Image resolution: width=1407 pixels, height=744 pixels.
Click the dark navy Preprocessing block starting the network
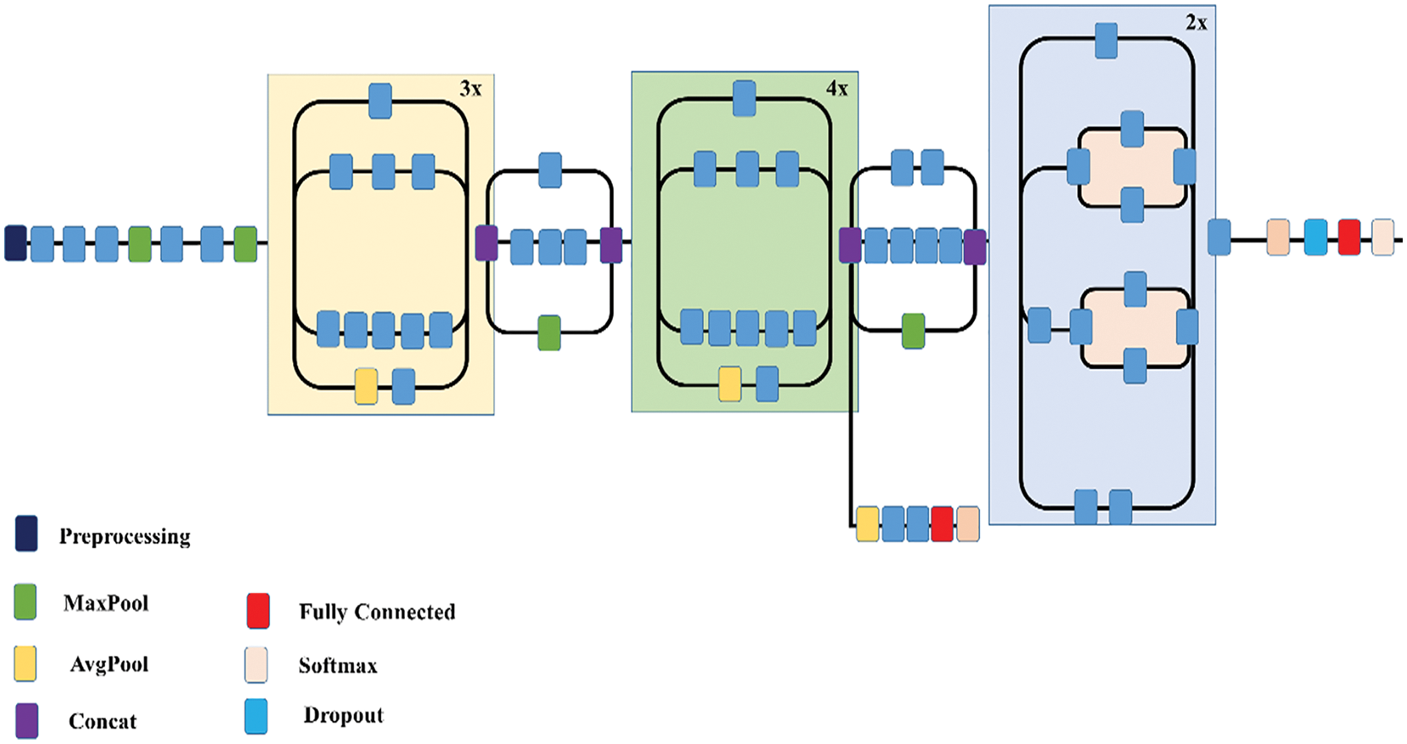[x=15, y=243]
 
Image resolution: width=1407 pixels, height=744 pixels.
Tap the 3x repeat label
[x=470, y=89]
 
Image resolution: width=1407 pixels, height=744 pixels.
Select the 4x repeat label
[x=837, y=89]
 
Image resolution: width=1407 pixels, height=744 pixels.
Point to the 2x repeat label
[x=1196, y=23]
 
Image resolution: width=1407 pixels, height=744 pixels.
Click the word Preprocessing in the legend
[x=125, y=537]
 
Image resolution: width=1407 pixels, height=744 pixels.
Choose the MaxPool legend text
[x=107, y=603]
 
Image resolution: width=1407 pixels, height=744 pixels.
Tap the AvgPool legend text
[x=109, y=664]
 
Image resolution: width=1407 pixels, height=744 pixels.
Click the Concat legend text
[x=102, y=721]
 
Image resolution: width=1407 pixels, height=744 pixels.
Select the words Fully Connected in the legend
[x=377, y=612]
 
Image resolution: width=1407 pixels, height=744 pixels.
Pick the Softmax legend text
[x=338, y=666]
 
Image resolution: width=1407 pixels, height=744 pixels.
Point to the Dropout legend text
[x=343, y=715]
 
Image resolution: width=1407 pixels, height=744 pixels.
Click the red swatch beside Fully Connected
[x=258, y=611]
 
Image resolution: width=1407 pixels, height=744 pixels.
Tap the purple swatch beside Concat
[x=26, y=721]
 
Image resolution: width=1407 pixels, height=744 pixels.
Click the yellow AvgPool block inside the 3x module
[x=366, y=386]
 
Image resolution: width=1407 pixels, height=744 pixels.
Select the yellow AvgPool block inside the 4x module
[x=729, y=384]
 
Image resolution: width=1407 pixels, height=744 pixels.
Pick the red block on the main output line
[x=1349, y=237]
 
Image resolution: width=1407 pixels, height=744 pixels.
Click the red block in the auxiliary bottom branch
[x=943, y=524]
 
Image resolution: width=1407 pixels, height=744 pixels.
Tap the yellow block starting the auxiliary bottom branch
[x=868, y=524]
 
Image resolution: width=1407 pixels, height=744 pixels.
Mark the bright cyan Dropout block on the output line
[x=1316, y=237]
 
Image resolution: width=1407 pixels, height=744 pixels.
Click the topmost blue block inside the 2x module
[x=1106, y=41]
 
